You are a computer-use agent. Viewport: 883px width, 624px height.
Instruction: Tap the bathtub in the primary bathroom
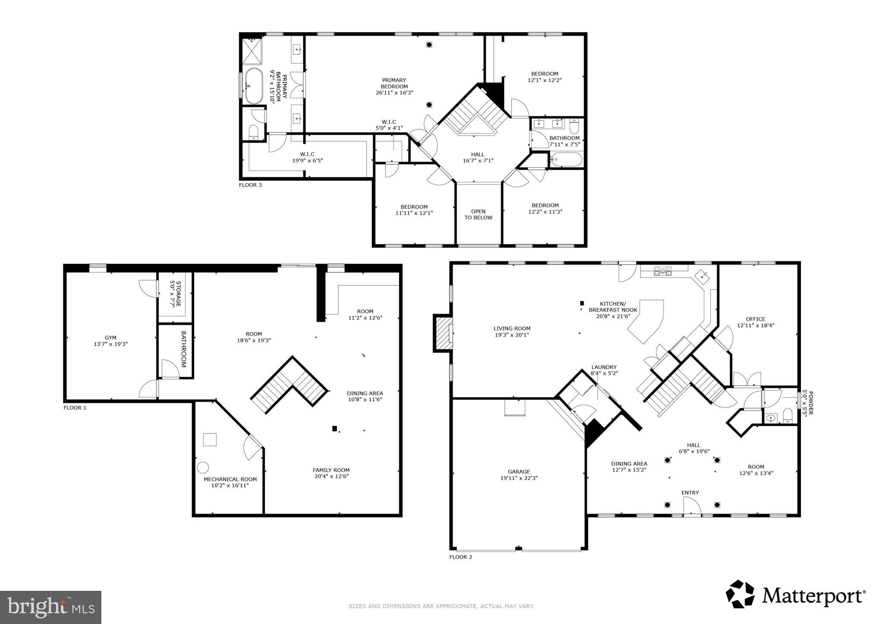pyautogui.click(x=254, y=86)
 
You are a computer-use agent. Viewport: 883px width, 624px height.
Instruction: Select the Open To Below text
pyautogui.click(x=478, y=215)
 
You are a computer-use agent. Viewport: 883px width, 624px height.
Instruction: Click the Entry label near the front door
pyautogui.click(x=690, y=493)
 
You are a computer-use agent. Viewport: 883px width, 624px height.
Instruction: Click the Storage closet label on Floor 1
pyautogui.click(x=175, y=293)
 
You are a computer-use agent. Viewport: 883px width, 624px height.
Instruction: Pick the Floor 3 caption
pyautogui.click(x=250, y=185)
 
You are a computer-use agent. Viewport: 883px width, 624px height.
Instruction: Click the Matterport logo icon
pyautogui.click(x=740, y=594)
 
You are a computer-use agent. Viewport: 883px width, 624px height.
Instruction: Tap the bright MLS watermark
pyautogui.click(x=50, y=607)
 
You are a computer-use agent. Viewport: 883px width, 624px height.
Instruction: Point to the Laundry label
pyautogui.click(x=603, y=367)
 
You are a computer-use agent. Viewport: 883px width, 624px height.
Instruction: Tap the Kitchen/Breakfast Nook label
pyautogui.click(x=613, y=307)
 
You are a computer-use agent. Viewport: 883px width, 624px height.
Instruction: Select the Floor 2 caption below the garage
pyautogui.click(x=460, y=557)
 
